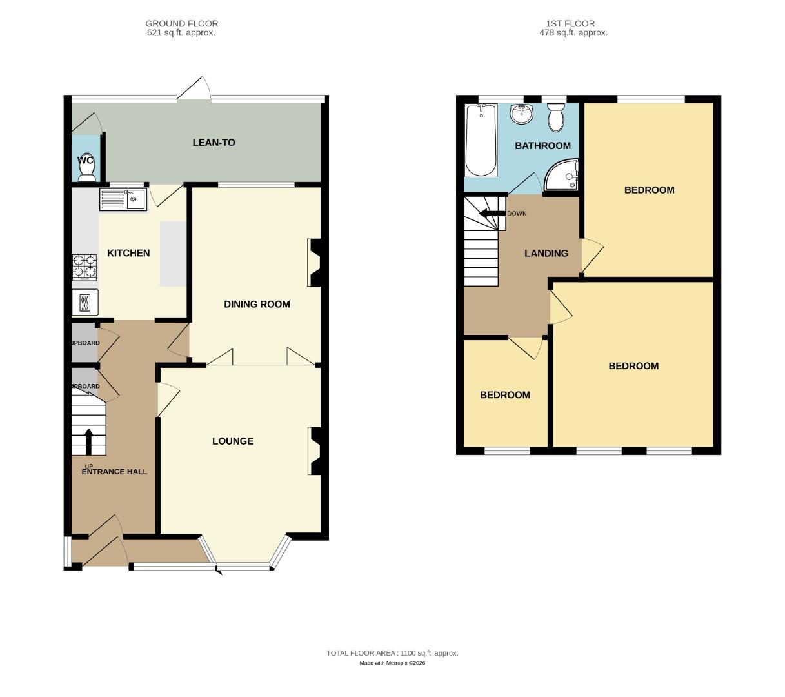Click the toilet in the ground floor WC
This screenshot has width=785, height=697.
86,169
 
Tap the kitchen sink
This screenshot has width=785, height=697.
123,199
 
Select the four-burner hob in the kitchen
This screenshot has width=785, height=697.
84,267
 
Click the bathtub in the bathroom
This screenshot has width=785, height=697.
481,140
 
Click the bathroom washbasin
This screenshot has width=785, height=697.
521,114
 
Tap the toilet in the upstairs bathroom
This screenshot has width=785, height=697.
555,118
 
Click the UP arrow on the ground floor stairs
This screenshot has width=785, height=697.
88,442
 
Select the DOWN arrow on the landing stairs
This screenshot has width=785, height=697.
491,214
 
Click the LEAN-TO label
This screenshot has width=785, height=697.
214,143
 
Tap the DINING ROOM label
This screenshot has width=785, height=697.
257,304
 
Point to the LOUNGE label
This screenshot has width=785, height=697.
233,441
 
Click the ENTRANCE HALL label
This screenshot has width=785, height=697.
114,472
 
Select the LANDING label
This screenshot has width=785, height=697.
546,254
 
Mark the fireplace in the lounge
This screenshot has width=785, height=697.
315,451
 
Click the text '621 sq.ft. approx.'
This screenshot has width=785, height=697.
181,33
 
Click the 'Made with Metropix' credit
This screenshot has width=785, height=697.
392,663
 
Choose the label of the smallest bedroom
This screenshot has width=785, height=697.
504,395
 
